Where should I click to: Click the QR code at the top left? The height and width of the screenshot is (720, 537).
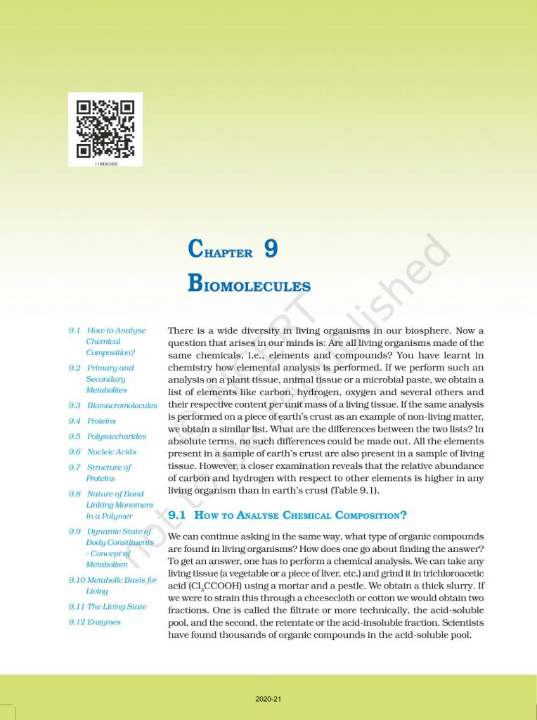105,128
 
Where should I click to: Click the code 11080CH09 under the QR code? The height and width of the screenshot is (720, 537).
105,162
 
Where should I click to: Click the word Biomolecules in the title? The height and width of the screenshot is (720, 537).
250,285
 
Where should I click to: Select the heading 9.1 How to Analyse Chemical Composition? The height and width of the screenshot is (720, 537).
287,515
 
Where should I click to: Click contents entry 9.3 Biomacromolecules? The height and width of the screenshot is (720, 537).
112,406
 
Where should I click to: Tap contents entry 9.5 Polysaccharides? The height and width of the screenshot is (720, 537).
107,437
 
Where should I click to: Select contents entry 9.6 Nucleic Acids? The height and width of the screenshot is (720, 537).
103,452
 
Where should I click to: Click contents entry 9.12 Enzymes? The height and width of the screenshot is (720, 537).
95,622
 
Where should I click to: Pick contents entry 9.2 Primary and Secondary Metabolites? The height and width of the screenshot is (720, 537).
102,379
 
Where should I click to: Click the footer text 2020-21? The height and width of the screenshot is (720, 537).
268,700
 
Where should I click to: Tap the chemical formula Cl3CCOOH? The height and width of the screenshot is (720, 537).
198,586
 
